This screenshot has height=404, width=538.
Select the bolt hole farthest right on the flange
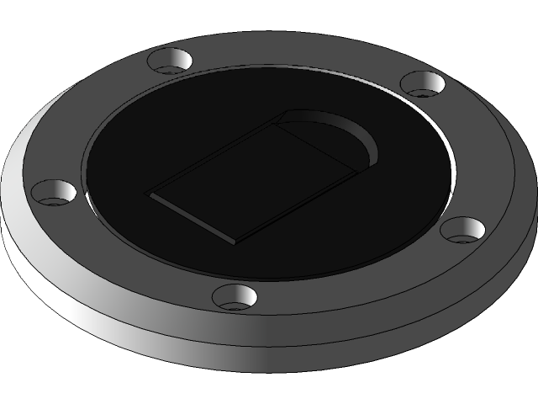tap(463, 228)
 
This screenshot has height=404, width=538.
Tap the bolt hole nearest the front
tap(235, 295)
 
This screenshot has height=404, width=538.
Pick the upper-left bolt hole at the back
tap(171, 61)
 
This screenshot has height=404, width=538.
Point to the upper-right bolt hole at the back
tap(422, 83)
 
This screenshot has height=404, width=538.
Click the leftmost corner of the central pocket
tap(148, 193)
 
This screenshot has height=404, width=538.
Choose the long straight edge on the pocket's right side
tap(294, 202)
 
